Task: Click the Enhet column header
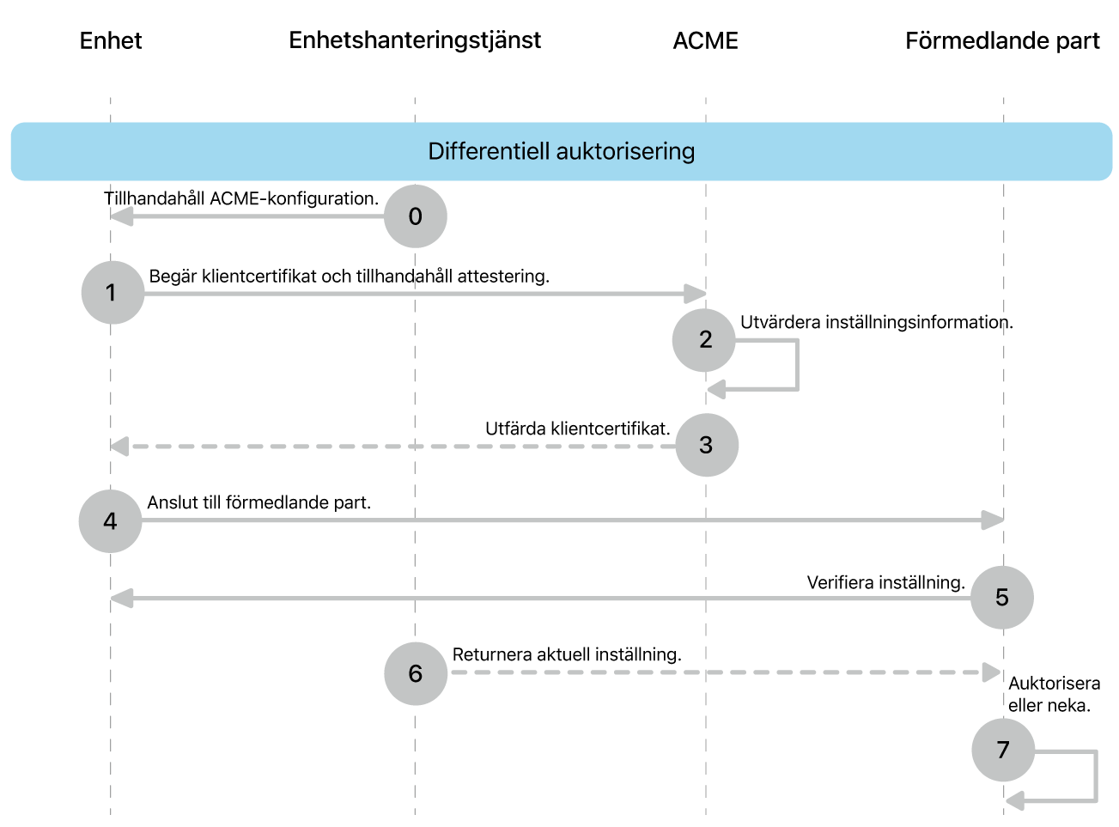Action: pos(111,40)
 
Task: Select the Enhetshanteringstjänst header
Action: pos(415,41)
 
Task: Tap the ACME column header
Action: pos(705,40)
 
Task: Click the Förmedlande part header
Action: pos(1002,40)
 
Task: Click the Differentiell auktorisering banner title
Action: pos(562,151)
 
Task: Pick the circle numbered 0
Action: pos(415,216)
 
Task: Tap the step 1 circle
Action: pos(113,293)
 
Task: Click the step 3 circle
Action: pos(707,445)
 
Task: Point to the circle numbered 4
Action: pos(111,521)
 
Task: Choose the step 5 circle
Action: pos(1002,598)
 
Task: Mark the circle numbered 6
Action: pos(416,673)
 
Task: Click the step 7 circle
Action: pos(1003,751)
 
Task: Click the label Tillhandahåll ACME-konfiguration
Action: pos(241,198)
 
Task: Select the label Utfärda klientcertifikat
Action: pos(578,429)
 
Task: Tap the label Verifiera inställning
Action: pos(886,583)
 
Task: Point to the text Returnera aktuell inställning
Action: pos(567,655)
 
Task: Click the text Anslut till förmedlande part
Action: pos(259,502)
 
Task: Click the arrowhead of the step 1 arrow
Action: pos(696,294)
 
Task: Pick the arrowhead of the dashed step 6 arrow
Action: pos(992,672)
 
